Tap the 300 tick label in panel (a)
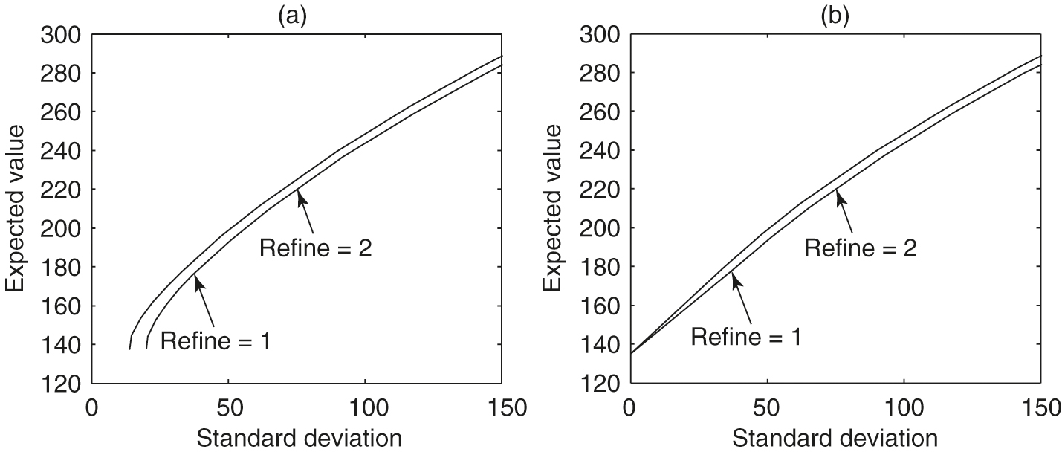point(62,35)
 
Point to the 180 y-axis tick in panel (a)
point(62,268)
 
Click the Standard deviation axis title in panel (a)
point(299,438)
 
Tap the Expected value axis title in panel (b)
point(554,209)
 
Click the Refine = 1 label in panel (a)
point(216,342)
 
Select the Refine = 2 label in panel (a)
point(315,248)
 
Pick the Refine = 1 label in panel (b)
point(746,336)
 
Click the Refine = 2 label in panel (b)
point(861,248)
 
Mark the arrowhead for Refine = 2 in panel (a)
point(299,194)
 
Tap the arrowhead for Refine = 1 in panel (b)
point(734,277)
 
